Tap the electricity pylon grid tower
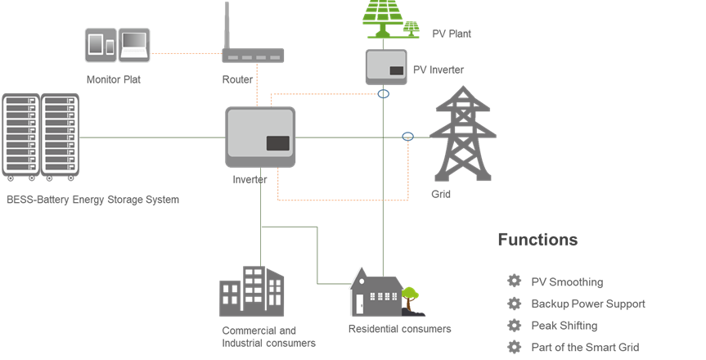tap(463, 134)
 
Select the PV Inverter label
tap(438, 70)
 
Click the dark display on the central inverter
tap(278, 143)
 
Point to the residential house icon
tap(376, 292)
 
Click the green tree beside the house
tap(410, 299)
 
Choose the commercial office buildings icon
tap(252, 291)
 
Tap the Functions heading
tap(537, 240)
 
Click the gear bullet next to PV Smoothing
tap(515, 281)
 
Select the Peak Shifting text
tap(564, 326)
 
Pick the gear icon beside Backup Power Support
tap(515, 304)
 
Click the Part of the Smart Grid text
tap(585, 348)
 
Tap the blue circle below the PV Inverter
tap(383, 94)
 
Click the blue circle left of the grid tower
tap(407, 136)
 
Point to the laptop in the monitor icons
tap(134, 45)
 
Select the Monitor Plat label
tap(114, 79)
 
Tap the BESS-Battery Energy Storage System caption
tap(92, 200)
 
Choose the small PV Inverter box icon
tap(386, 67)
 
